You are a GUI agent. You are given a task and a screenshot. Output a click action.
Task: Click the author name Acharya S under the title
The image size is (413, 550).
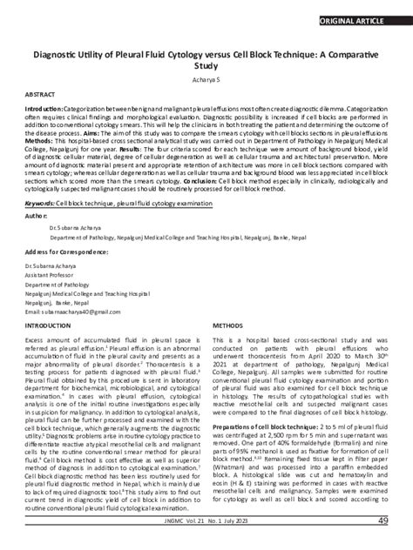(206, 77)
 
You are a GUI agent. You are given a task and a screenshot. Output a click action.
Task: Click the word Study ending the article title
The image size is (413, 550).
(206, 65)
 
